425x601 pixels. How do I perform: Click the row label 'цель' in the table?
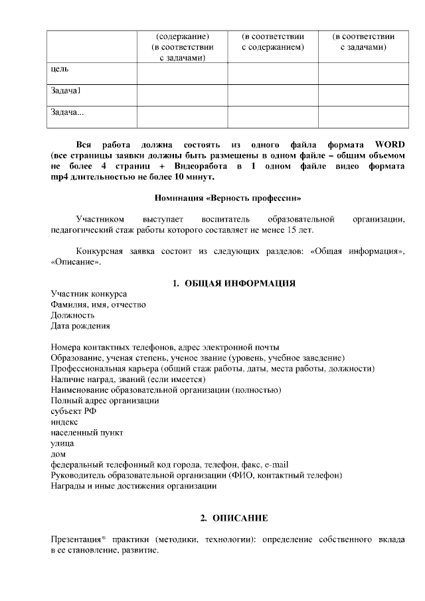(x=59, y=68)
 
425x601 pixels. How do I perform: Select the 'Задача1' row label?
(x=66, y=90)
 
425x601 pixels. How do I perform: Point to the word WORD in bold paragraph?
(x=390, y=145)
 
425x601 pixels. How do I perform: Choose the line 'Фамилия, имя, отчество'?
(x=98, y=304)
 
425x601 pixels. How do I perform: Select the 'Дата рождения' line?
(x=80, y=326)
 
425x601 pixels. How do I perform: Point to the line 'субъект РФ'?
(x=73, y=411)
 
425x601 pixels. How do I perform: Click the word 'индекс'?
(x=64, y=421)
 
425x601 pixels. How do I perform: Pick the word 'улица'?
(x=62, y=442)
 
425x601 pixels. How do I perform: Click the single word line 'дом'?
(x=58, y=454)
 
